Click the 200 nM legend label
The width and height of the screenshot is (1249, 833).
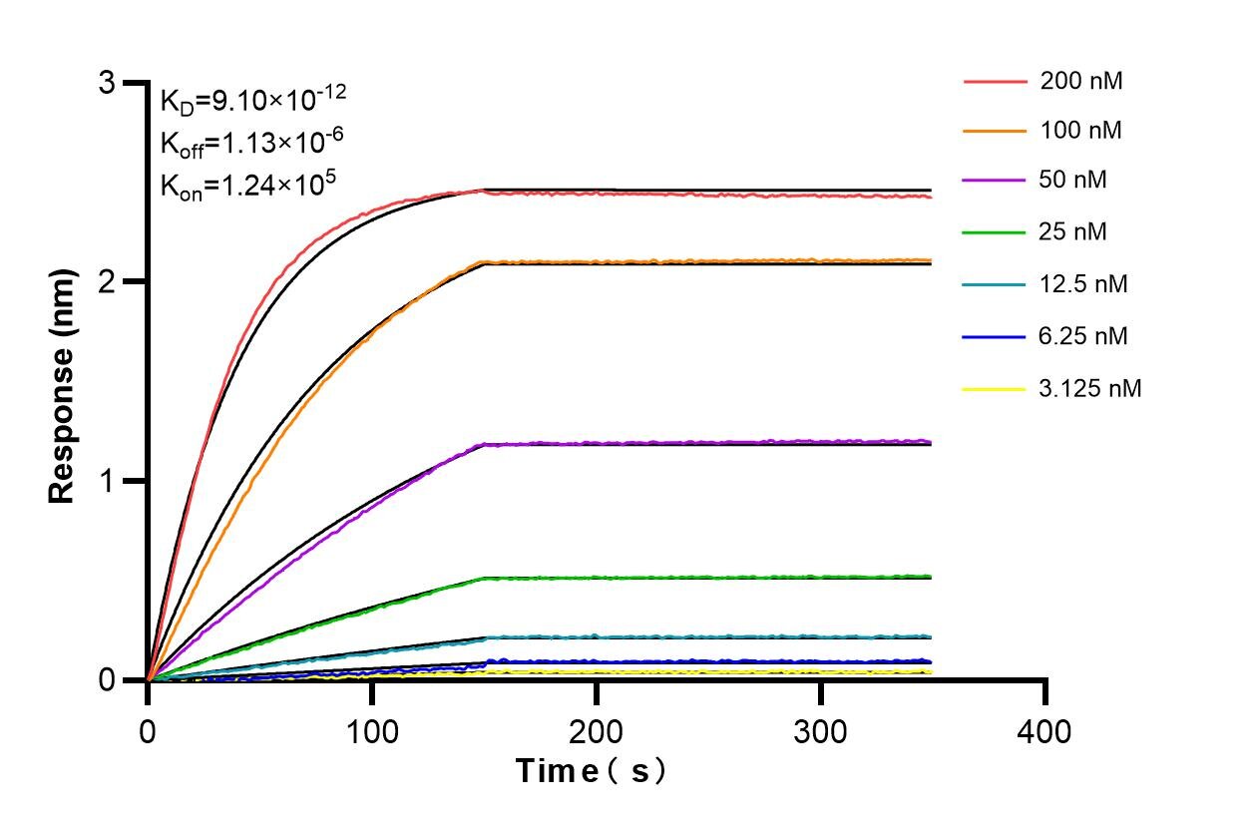click(1080, 81)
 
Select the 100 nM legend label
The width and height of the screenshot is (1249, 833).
click(1080, 131)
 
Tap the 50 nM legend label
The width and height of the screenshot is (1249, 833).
click(1073, 181)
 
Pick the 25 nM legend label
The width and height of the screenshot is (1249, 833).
click(1073, 232)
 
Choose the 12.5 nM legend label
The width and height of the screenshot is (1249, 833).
click(1083, 284)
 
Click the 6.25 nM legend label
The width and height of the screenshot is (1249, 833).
click(1083, 336)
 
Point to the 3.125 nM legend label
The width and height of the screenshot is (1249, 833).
click(1089, 388)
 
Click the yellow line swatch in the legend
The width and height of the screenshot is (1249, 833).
click(995, 389)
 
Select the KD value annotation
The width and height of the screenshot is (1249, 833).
click(253, 100)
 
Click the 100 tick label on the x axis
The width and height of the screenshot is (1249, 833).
click(372, 732)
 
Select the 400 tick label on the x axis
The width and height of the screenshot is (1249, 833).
click(1045, 732)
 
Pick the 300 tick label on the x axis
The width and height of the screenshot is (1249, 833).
click(821, 732)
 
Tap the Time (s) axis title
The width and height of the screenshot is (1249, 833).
click(591, 771)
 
